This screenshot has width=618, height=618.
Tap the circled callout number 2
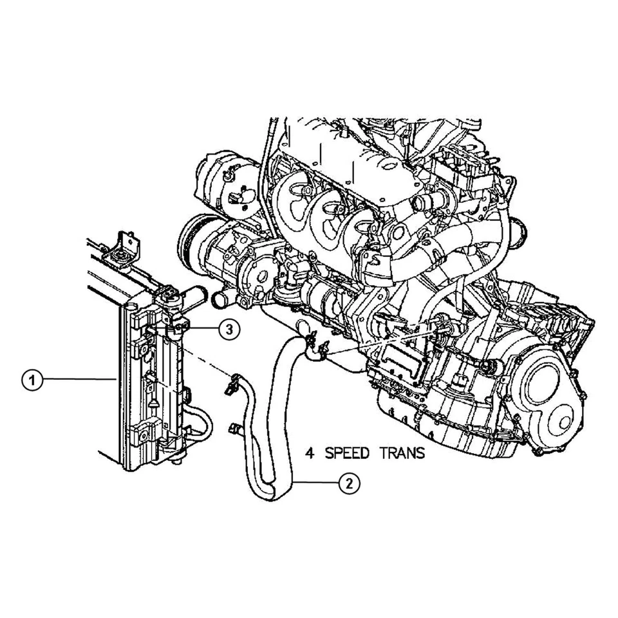(x=348, y=483)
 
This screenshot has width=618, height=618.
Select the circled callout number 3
(x=229, y=329)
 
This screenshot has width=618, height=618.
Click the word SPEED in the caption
(x=347, y=453)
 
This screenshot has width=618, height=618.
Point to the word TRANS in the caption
(x=402, y=453)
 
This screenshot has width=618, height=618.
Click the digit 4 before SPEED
(x=310, y=453)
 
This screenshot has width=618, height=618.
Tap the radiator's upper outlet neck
(x=194, y=297)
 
